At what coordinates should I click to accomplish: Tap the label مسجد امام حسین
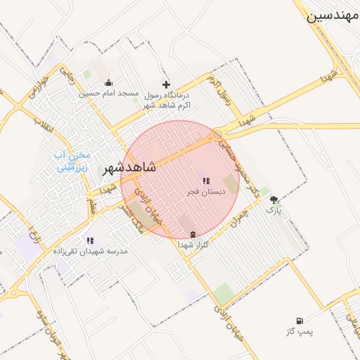click(108, 94)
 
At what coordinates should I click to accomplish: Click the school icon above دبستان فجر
click(205, 181)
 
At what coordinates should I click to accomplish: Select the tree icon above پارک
click(274, 200)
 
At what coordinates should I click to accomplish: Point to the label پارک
click(274, 210)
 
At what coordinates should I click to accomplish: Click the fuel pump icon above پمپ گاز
click(302, 321)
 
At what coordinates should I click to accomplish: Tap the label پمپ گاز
click(301, 330)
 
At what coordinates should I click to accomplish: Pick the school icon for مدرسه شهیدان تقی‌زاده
click(89, 240)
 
